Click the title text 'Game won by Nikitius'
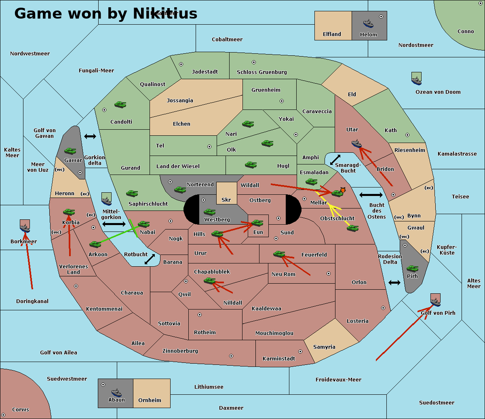point(106,13)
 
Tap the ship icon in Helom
point(368,23)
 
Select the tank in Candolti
point(120,105)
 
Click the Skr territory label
point(226,200)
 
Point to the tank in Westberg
point(209,212)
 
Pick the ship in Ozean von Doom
point(416,79)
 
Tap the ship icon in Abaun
point(116,392)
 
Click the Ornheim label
point(150,400)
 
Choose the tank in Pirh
point(412,269)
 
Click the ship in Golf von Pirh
point(435,301)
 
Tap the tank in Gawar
point(70,151)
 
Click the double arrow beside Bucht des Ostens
point(371,195)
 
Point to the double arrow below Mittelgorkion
point(114,224)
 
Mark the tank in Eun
point(257,223)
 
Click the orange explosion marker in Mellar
point(343,189)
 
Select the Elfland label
point(332,34)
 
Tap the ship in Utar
point(356,143)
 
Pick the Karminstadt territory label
point(279,358)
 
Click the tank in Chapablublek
point(209,281)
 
